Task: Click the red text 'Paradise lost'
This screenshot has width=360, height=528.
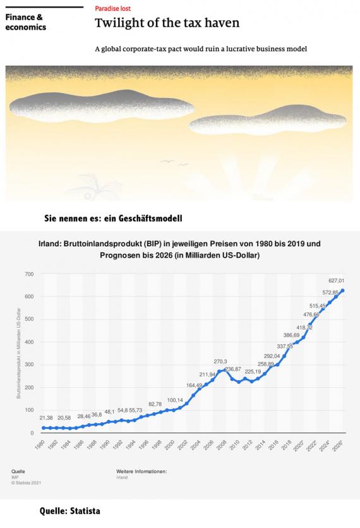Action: pyautogui.click(x=114, y=10)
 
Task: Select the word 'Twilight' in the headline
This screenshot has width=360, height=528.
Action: pyautogui.click(x=114, y=23)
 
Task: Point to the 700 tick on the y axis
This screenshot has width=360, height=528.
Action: pyautogui.click(x=28, y=273)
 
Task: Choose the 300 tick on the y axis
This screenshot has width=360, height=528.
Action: pyautogui.click(x=28, y=365)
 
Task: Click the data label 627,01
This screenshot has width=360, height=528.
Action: pyautogui.click(x=335, y=280)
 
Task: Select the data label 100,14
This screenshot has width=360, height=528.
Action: pyautogui.click(x=175, y=400)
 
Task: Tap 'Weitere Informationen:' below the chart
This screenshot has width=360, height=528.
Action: pyautogui.click(x=141, y=472)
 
